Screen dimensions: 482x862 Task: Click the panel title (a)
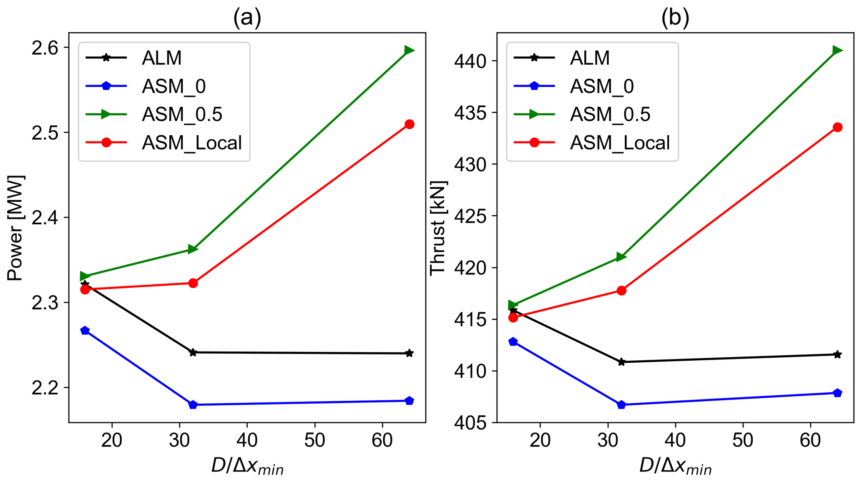(247, 18)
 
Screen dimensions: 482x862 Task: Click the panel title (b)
(675, 18)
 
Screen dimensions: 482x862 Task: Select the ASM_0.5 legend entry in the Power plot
(182, 114)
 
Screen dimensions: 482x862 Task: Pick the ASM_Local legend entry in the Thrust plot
(620, 143)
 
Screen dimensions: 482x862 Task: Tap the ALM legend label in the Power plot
(162, 58)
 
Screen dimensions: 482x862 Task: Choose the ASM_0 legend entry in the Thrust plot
(602, 86)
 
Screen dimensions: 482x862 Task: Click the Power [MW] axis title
(15, 228)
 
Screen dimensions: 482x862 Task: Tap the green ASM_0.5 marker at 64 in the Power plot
(409, 50)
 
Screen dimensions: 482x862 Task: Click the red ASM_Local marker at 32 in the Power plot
(193, 283)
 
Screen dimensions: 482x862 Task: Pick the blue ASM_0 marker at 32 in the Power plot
(193, 404)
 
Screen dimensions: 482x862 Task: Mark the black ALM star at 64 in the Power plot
(410, 353)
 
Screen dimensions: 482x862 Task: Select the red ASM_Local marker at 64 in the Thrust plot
(837, 127)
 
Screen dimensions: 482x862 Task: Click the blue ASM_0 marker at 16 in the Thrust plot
(513, 342)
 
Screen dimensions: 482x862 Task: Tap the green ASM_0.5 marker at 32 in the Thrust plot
(621, 257)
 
